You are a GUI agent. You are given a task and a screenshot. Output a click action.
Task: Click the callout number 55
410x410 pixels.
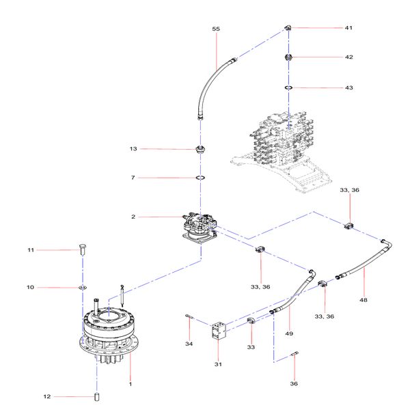[x=216, y=29]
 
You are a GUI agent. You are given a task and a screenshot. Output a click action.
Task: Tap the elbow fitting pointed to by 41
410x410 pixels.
[x=289, y=27]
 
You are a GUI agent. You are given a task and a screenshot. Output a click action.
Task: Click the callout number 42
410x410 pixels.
[x=348, y=57]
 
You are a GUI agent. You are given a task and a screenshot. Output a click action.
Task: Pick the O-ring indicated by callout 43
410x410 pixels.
[x=289, y=88]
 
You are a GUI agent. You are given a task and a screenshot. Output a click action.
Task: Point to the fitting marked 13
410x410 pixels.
[x=201, y=149]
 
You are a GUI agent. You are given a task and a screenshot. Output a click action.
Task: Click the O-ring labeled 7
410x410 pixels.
[x=201, y=178]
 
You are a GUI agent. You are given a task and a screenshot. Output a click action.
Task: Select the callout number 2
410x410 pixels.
[x=134, y=217]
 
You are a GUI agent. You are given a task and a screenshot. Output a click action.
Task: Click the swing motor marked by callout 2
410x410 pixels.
[x=199, y=226]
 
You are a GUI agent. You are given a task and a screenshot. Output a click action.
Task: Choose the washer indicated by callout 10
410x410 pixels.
[x=83, y=288]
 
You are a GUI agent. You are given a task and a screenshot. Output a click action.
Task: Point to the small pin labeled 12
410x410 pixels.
[x=97, y=396]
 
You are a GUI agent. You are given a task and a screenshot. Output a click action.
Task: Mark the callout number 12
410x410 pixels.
[x=47, y=396]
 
